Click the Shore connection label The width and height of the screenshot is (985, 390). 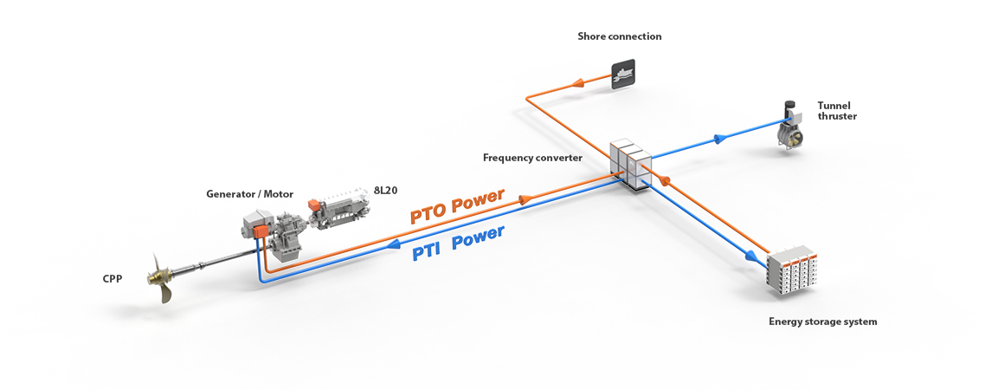619,36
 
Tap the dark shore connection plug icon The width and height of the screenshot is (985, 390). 622,74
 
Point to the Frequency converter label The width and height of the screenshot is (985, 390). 532,158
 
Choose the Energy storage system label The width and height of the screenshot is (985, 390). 822,322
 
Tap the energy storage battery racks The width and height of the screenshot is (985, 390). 793,270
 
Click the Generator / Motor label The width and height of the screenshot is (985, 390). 249,193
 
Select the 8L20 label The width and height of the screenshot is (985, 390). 383,190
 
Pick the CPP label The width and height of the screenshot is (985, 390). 113,279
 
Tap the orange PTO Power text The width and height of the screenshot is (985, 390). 456,205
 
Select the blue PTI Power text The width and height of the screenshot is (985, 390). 458,244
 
